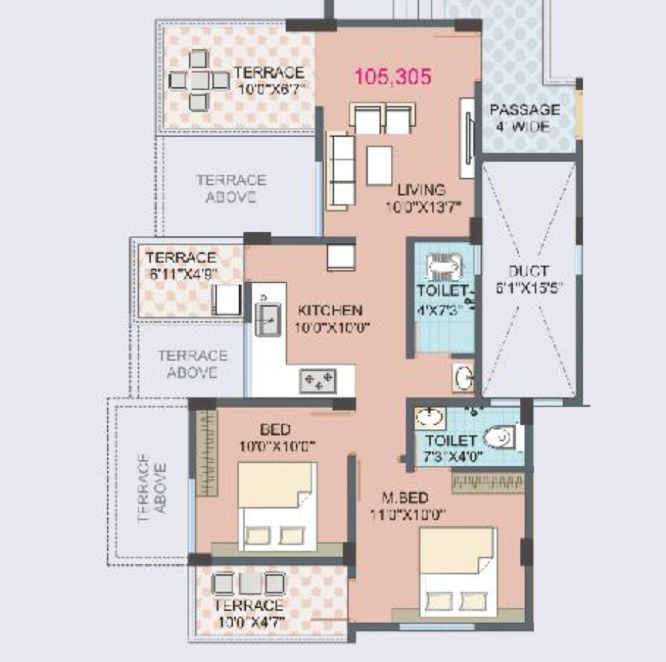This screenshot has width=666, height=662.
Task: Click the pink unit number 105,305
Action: (393, 77)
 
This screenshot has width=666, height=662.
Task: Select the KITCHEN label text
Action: (330, 311)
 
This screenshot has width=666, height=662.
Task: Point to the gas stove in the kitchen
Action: (318, 381)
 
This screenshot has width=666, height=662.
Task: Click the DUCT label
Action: (528, 271)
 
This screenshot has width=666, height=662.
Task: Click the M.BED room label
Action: (405, 498)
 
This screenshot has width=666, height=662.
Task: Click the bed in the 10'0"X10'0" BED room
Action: (276, 507)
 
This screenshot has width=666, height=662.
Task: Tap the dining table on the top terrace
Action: (198, 81)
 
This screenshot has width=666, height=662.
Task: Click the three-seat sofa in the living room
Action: (340, 170)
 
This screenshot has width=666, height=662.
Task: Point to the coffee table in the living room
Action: (379, 165)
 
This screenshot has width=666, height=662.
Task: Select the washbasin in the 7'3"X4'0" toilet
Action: (430, 418)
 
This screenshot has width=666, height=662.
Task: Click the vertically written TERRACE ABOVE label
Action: (151, 488)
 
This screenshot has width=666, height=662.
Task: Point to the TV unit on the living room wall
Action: (468, 138)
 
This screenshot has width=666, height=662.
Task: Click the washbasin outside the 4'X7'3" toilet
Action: (462, 377)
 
